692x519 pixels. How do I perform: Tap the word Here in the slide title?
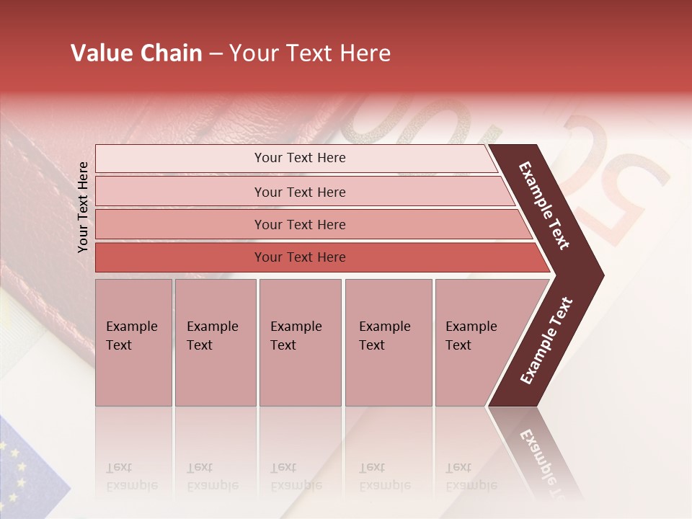[x=364, y=53]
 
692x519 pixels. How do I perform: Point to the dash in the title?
[x=216, y=54]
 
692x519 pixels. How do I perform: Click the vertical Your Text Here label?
[x=84, y=207]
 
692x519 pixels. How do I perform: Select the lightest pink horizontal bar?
[x=299, y=159]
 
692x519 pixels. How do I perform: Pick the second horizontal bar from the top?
[x=299, y=192]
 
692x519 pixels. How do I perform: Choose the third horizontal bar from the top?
[x=299, y=225]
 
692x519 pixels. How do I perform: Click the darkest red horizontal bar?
[x=299, y=257]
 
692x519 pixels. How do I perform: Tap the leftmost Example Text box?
[x=133, y=342]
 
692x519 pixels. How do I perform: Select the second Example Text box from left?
[x=216, y=342]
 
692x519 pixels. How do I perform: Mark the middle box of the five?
[x=300, y=342]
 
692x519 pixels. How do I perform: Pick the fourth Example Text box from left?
[x=389, y=342]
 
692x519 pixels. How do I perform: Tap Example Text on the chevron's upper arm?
[x=544, y=205]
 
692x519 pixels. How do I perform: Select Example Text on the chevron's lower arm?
[x=546, y=341]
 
